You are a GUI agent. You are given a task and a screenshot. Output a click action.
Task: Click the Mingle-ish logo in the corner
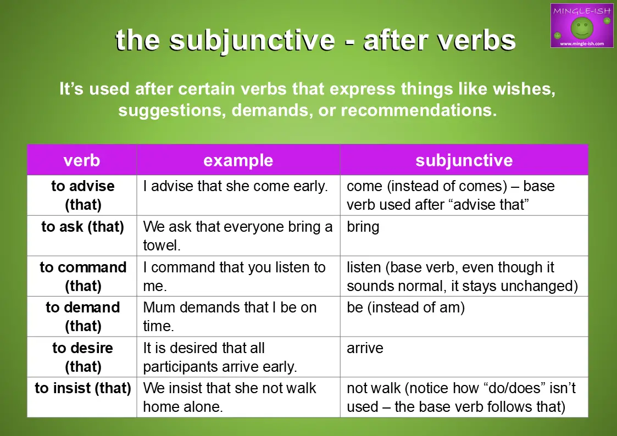coord(582,26)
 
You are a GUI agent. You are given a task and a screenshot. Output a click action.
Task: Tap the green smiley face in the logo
coord(582,28)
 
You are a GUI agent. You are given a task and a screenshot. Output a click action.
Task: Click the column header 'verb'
coord(82,160)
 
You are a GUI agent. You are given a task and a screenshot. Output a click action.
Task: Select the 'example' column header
coord(238,160)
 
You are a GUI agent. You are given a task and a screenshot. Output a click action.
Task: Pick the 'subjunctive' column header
coord(464,160)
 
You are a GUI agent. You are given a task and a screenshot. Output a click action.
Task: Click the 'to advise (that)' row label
coord(82,195)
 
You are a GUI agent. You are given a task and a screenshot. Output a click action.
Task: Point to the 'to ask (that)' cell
coord(82,227)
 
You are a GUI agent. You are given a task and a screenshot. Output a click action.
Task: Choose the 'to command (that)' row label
coord(83,276)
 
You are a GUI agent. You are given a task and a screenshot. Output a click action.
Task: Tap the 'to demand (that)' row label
coord(82,316)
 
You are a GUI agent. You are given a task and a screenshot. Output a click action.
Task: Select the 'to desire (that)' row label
coord(82,357)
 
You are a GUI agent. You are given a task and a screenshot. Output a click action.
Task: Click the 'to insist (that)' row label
coord(82,388)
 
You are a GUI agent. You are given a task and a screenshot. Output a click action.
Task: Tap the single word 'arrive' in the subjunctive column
coord(365,348)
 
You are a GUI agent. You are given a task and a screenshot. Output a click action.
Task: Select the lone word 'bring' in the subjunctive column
coord(363,227)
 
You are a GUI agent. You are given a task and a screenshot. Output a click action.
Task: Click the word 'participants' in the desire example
coord(180,367)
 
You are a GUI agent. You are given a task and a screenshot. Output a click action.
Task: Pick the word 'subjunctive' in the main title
coord(252,41)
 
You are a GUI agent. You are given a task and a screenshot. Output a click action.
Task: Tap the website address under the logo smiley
coord(582,43)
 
